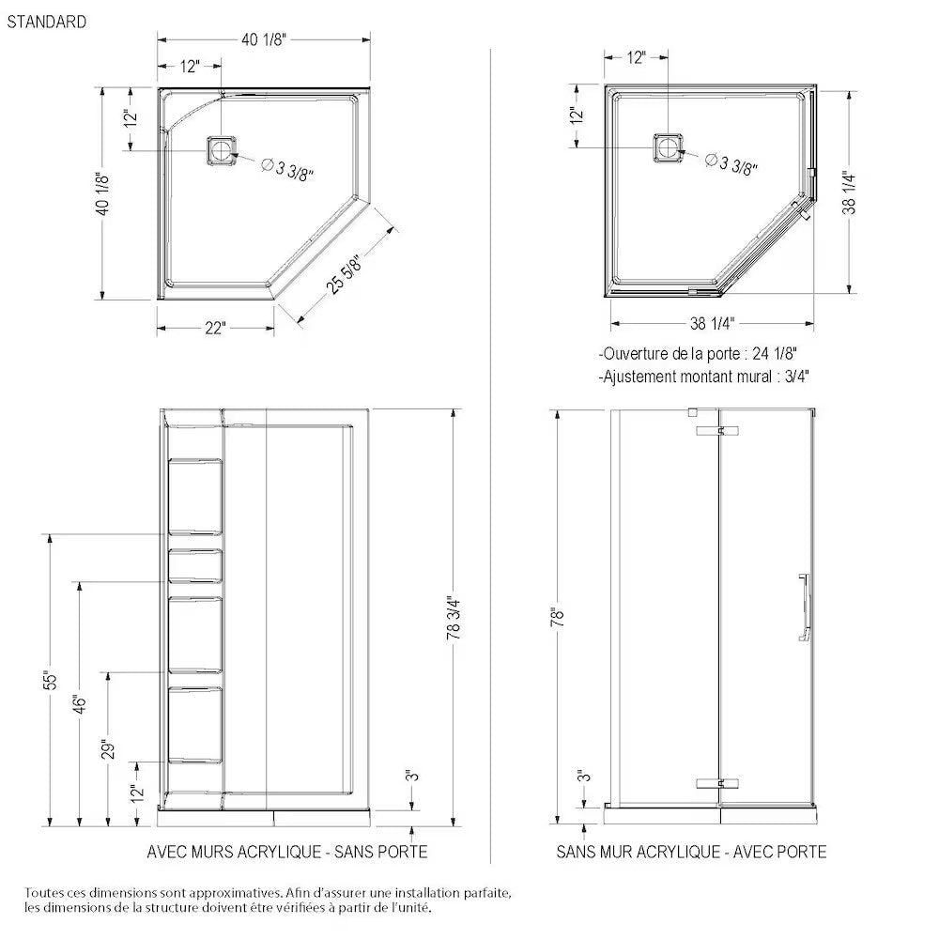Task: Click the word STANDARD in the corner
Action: click(x=47, y=22)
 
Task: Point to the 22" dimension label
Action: click(x=215, y=328)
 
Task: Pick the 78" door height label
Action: click(x=561, y=617)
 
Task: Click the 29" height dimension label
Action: click(x=110, y=749)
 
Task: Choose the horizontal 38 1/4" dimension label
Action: click(x=712, y=323)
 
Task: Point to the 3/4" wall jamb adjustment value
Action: click(x=793, y=376)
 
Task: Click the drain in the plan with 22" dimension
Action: click(x=222, y=149)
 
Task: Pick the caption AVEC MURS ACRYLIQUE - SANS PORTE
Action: click(x=287, y=852)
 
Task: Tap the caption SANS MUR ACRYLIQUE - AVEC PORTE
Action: click(x=691, y=852)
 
